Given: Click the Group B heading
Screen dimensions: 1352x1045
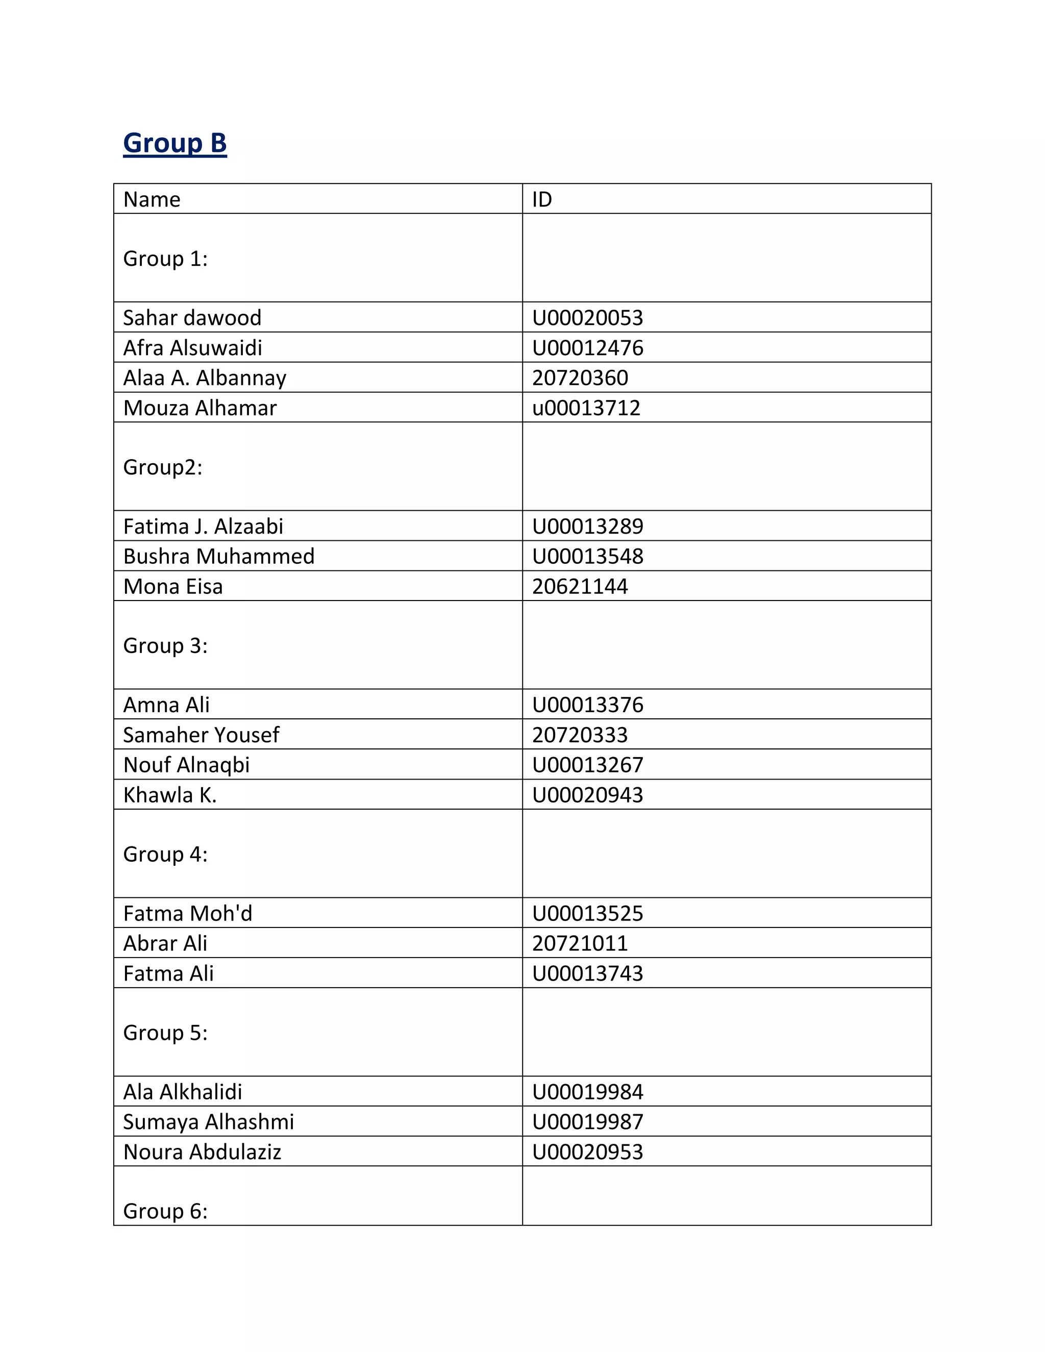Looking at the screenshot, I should click(175, 143).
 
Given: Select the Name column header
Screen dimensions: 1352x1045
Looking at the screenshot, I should click(152, 199).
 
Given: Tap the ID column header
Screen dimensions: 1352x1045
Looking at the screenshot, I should click(542, 199).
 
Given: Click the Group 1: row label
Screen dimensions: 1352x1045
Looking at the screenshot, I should click(165, 259).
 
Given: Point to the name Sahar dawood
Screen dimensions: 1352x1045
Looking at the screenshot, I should click(192, 317).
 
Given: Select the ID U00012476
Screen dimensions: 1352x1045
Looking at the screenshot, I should click(587, 348).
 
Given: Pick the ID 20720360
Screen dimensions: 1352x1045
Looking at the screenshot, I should click(580, 378).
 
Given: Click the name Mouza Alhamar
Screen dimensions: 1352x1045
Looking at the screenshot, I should click(200, 408).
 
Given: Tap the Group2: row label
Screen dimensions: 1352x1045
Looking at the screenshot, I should click(162, 467).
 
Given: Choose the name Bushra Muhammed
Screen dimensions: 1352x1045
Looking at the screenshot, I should click(218, 557).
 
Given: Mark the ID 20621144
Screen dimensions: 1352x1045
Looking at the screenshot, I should click(580, 586).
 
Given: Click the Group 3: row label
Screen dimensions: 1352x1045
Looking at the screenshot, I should click(165, 646).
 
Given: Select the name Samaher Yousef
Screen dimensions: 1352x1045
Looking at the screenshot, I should click(201, 735).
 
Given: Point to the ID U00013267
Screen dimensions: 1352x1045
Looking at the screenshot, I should click(587, 765).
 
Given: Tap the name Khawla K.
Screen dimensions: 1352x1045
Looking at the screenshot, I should click(169, 795).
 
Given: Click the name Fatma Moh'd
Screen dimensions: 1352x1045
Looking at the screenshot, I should click(188, 914).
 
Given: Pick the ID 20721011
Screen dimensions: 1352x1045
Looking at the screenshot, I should click(580, 943).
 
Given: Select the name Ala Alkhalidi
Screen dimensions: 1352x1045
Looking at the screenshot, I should click(183, 1092).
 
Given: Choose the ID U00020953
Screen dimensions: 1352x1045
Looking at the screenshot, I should click(587, 1152).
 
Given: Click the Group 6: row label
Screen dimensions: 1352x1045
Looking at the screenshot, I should click(165, 1211).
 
